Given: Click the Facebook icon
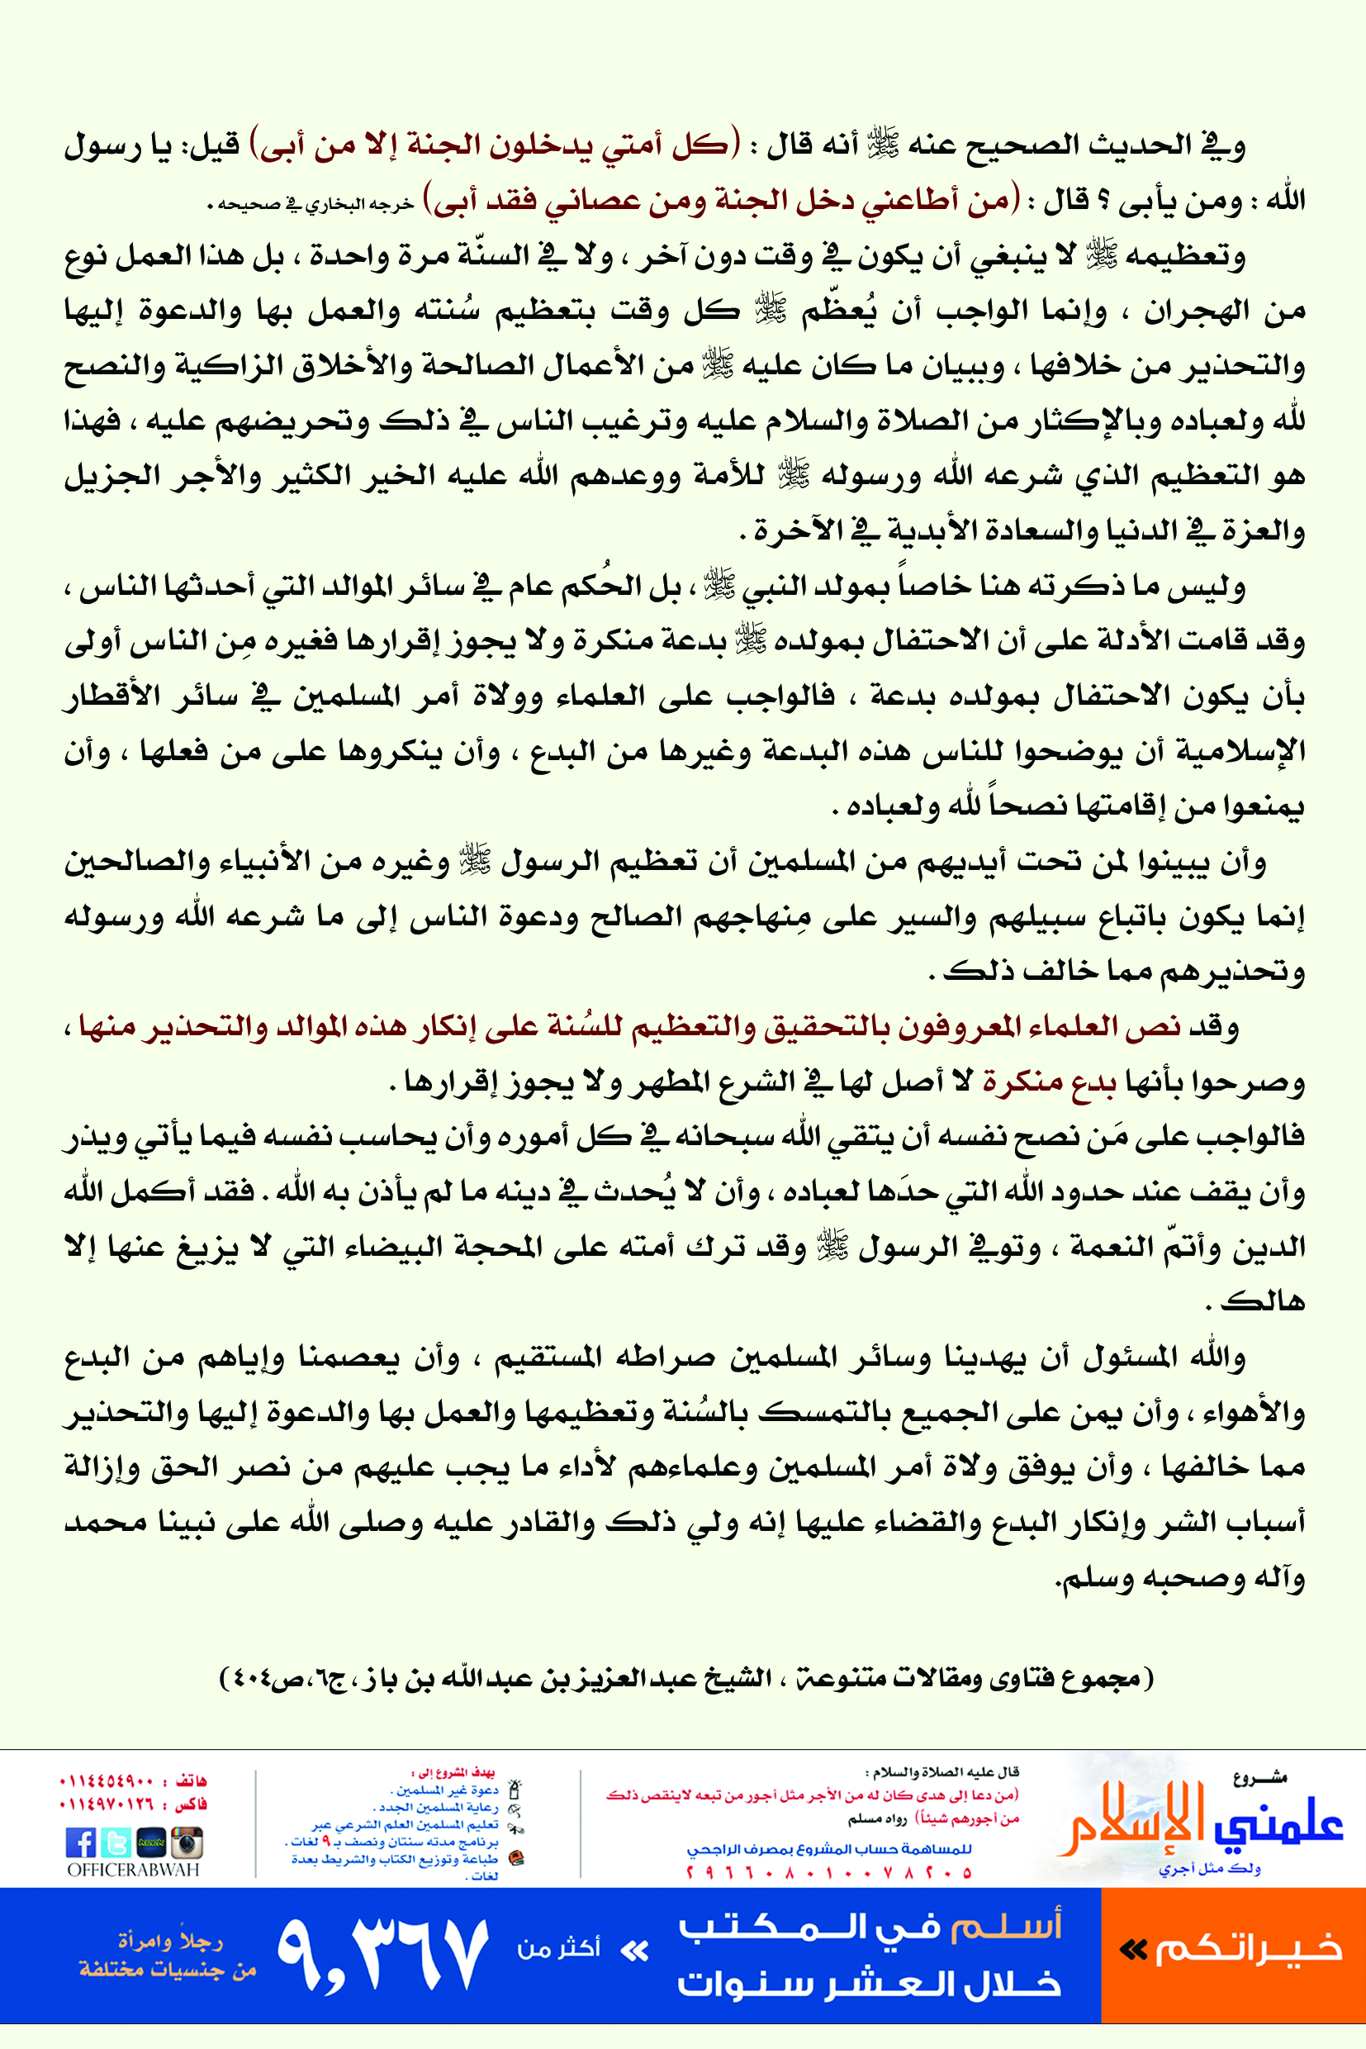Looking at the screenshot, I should coord(80,1842).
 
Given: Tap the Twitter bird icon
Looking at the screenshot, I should coord(115,1842).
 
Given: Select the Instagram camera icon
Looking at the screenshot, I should coord(187,1842).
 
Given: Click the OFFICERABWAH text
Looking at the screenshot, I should coord(133,1870).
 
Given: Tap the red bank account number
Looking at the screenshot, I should coord(828,1872).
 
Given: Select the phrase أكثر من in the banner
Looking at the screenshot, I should coord(558,1948).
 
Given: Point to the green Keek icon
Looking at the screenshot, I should coord(150,1842).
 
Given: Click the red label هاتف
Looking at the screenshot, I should coord(191,1780).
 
